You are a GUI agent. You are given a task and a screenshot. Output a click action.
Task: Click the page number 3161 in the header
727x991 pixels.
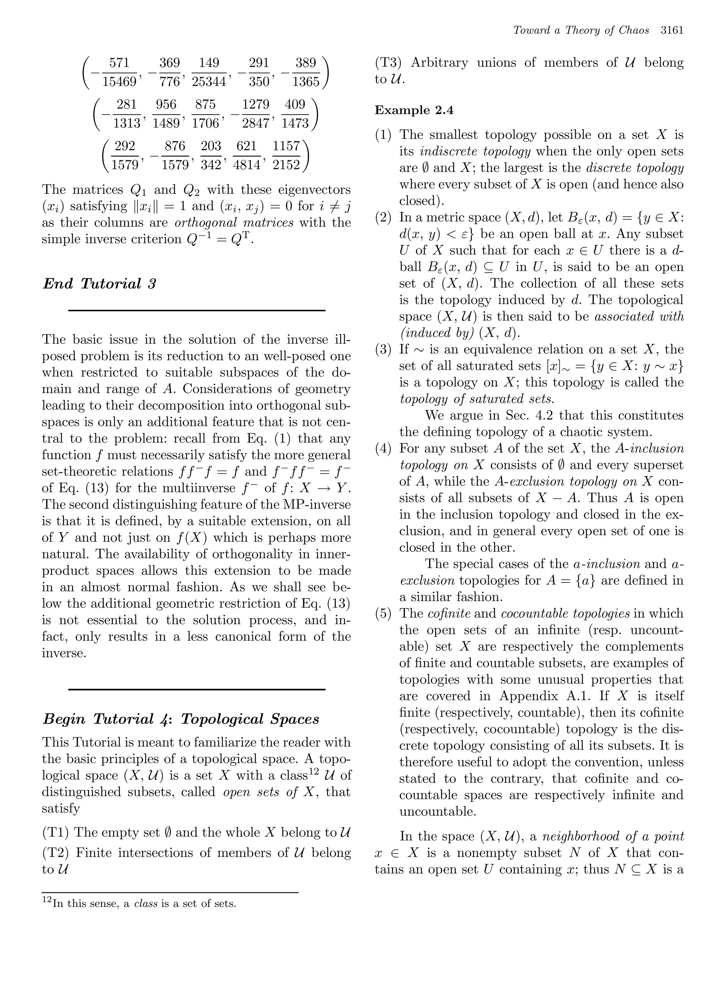click(672, 31)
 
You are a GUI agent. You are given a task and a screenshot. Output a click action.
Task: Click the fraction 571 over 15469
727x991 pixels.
click(119, 72)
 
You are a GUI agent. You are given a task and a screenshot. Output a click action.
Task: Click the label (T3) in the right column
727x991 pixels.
click(389, 63)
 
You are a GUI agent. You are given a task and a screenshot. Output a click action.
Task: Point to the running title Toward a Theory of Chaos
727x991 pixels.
click(581, 31)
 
